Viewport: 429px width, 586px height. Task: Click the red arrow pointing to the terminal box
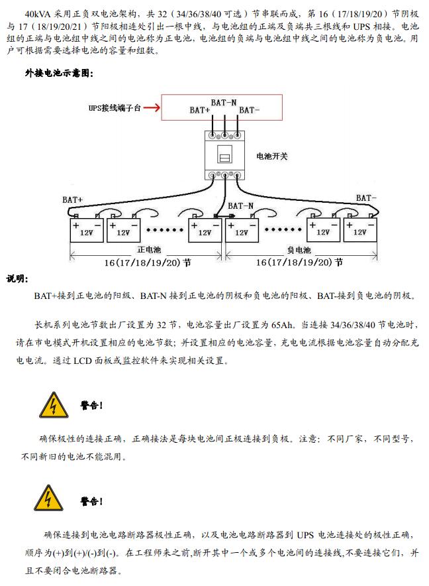[151, 107]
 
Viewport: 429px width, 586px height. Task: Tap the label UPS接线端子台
[115, 107]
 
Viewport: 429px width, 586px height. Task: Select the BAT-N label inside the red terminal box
[224, 102]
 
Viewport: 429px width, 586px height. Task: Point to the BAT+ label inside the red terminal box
[200, 110]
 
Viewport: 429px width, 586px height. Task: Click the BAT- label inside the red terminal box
[249, 110]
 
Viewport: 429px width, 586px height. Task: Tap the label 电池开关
[272, 156]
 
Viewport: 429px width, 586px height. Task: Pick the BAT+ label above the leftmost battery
[73, 199]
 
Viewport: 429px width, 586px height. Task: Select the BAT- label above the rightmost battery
[366, 198]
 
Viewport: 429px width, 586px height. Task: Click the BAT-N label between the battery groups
[241, 206]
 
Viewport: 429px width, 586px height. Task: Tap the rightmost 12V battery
[359, 230]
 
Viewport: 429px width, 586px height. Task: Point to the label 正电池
[149, 251]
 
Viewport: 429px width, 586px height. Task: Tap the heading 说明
[18, 278]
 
